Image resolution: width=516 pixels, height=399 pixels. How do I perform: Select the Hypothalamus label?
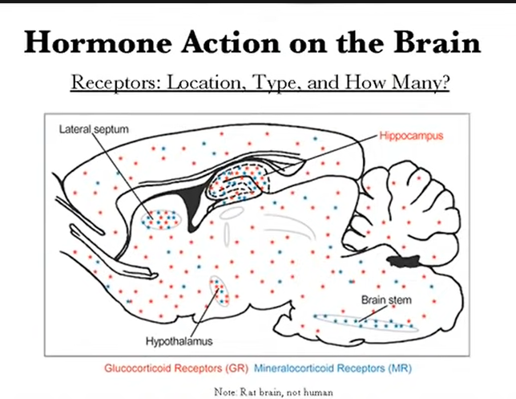coord(179,341)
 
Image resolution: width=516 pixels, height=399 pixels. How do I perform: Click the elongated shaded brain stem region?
coord(364,323)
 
